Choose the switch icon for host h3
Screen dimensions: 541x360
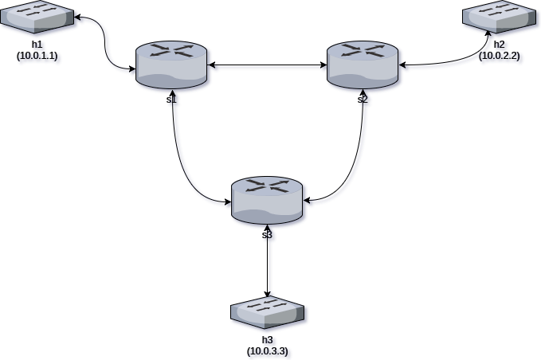pyautogui.click(x=268, y=312)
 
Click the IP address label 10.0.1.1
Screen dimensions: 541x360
pyautogui.click(x=39, y=57)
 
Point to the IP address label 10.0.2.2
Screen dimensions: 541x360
pyautogui.click(x=501, y=57)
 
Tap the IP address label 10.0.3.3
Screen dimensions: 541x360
pyautogui.click(x=269, y=352)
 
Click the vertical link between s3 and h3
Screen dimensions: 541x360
pyautogui.click(x=269, y=267)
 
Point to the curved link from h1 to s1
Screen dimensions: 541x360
pyautogui.click(x=107, y=44)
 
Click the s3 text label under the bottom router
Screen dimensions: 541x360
pyautogui.click(x=268, y=235)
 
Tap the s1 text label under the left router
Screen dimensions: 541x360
pyautogui.click(x=172, y=100)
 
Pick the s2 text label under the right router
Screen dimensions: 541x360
pyautogui.click(x=363, y=100)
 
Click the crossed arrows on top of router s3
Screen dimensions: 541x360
pyautogui.click(x=268, y=186)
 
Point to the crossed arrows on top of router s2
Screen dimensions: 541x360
pyautogui.click(x=363, y=50)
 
